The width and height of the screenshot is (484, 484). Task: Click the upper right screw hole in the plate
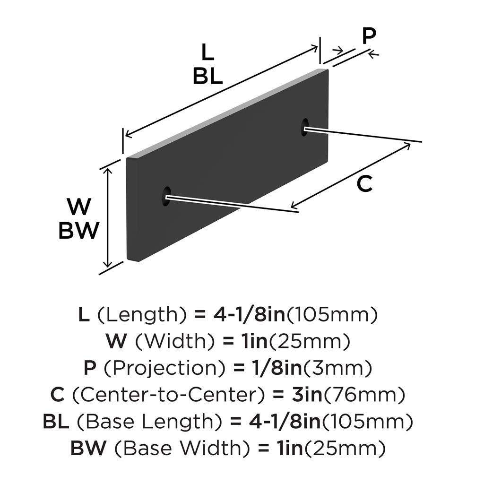tap(304, 128)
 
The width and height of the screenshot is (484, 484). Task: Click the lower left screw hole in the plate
tap(167, 196)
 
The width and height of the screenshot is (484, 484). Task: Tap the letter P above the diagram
tap(369, 36)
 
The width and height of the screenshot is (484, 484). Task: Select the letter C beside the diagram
tap(364, 184)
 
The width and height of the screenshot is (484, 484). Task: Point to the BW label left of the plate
tap(79, 231)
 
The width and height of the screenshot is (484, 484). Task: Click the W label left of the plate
tap(78, 207)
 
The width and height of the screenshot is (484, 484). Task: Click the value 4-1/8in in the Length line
tap(241, 314)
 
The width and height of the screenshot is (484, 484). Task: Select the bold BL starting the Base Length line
tap(58, 420)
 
